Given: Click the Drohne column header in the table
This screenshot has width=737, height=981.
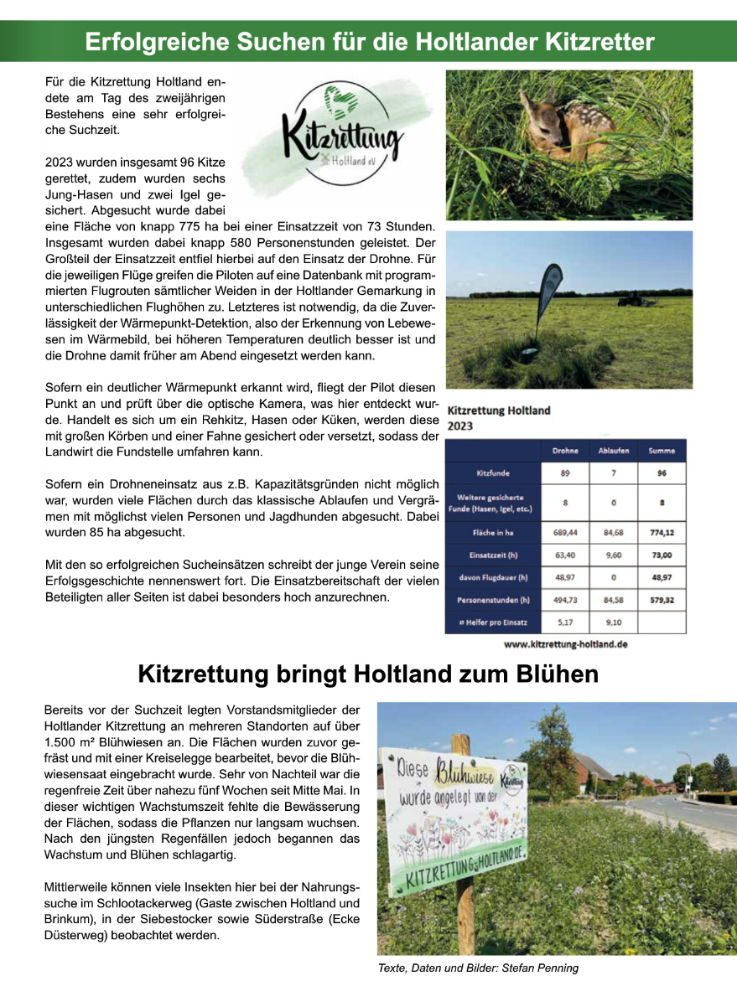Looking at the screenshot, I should (565, 451).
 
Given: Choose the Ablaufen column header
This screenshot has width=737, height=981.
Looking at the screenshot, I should (613, 451).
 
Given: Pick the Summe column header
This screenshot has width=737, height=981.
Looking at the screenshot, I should (662, 451).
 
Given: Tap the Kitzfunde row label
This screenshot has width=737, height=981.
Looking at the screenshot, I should (493, 473).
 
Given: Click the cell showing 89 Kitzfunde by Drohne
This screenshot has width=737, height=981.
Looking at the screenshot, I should (565, 473).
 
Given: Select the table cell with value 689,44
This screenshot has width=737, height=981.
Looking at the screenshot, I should (565, 532).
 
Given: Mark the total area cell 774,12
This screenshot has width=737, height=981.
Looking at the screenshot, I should (662, 532).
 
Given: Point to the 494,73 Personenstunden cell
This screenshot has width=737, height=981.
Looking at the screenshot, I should (565, 600).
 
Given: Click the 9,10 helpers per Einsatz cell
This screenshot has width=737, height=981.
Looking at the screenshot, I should (613, 622).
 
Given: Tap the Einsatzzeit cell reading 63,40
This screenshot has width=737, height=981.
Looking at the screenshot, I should (565, 555).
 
